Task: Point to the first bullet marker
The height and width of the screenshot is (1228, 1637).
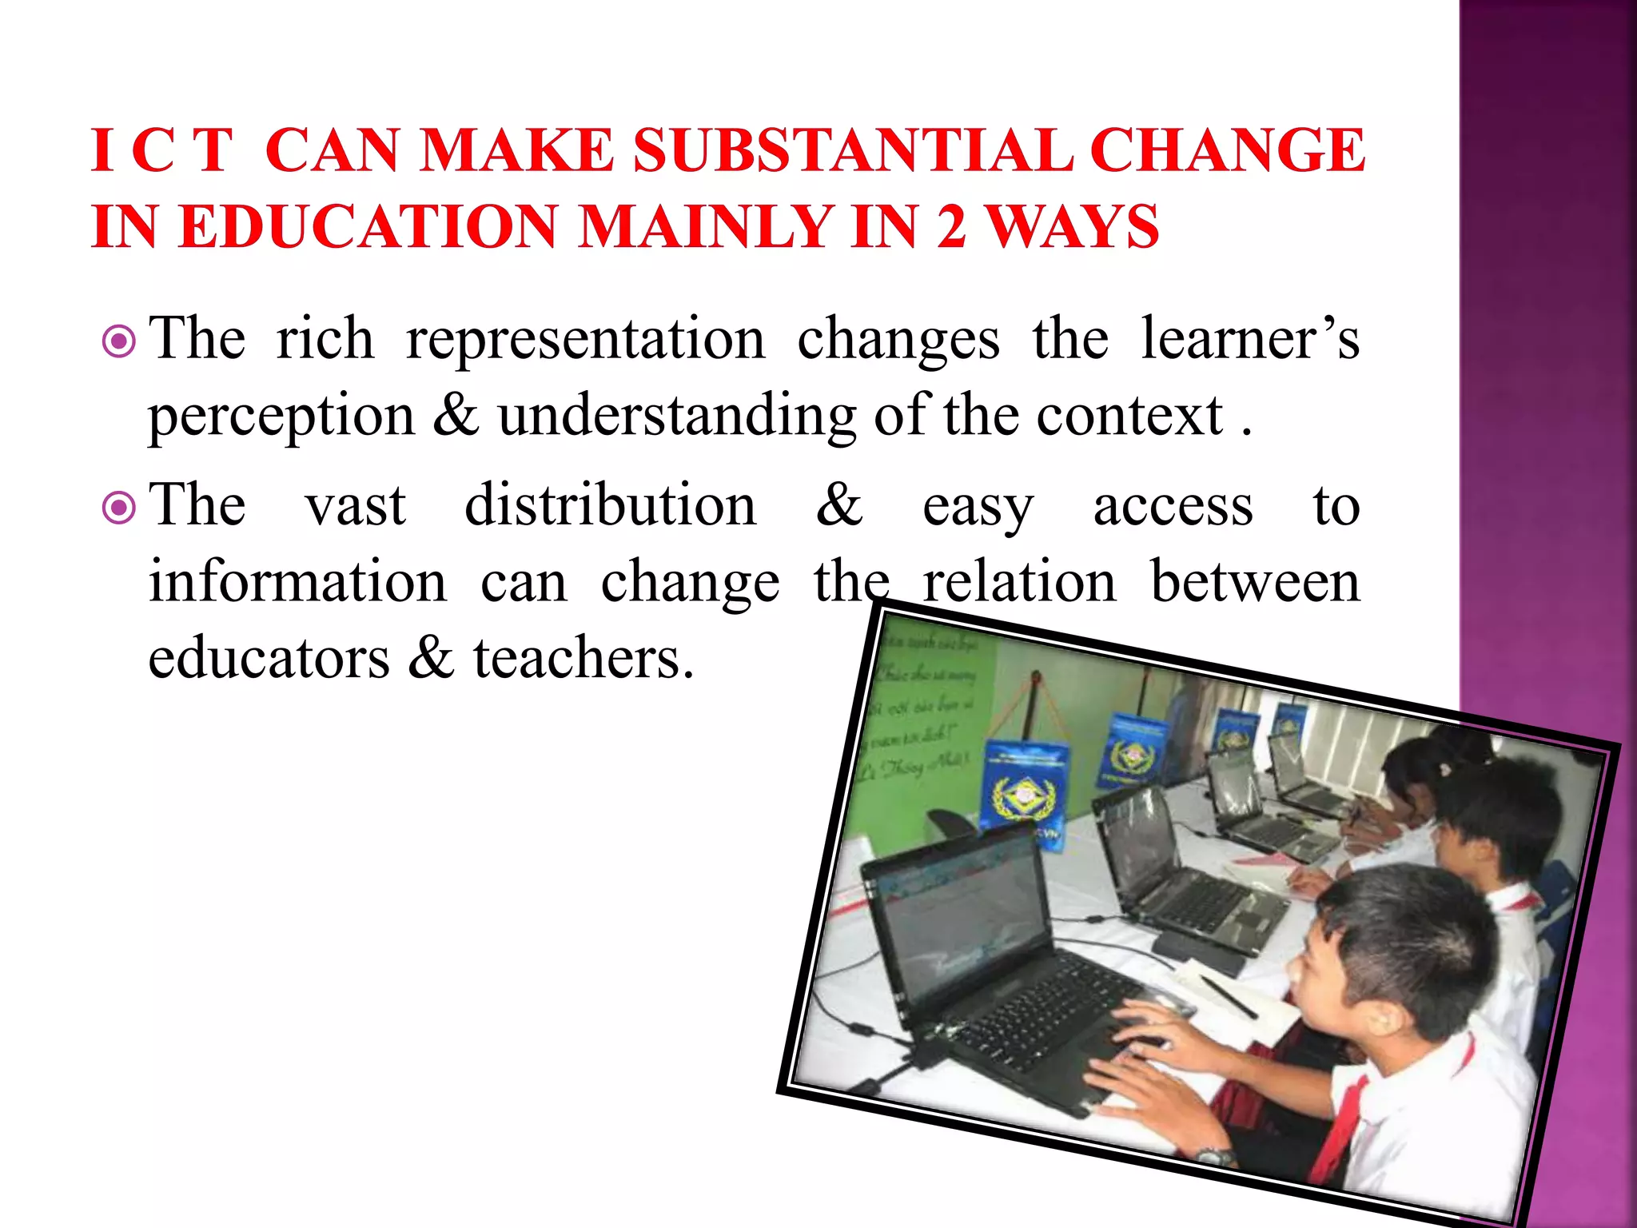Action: click(x=120, y=342)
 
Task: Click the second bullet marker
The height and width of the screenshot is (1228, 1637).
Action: click(x=120, y=508)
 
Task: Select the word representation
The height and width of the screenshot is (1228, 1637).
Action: click(x=585, y=340)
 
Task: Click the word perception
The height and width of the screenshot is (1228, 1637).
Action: click(x=281, y=417)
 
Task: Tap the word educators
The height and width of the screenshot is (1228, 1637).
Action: click(x=269, y=658)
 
